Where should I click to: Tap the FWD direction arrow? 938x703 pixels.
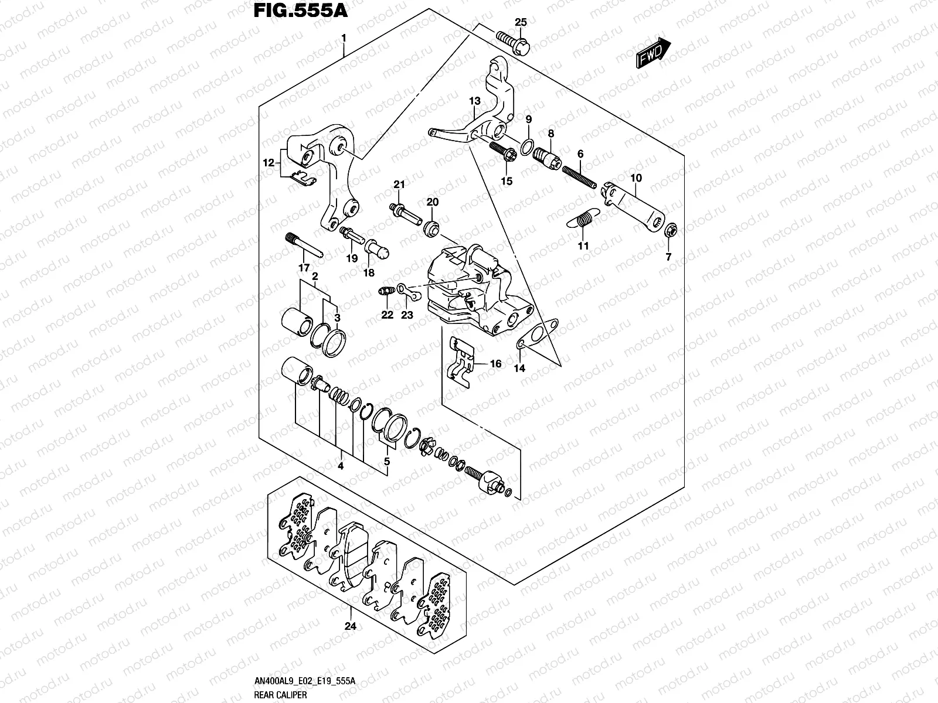coord(652,53)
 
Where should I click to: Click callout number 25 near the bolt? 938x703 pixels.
coord(521,23)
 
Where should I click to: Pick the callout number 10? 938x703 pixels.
coord(636,178)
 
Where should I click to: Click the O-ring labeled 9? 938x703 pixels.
coord(527,145)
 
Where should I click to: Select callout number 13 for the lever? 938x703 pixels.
coord(475,101)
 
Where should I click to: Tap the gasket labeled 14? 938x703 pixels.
coord(535,335)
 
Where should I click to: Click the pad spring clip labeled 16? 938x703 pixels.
coord(464,363)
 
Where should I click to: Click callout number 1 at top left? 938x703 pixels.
coord(344,37)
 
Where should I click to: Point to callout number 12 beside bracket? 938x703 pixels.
coord(269,164)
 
